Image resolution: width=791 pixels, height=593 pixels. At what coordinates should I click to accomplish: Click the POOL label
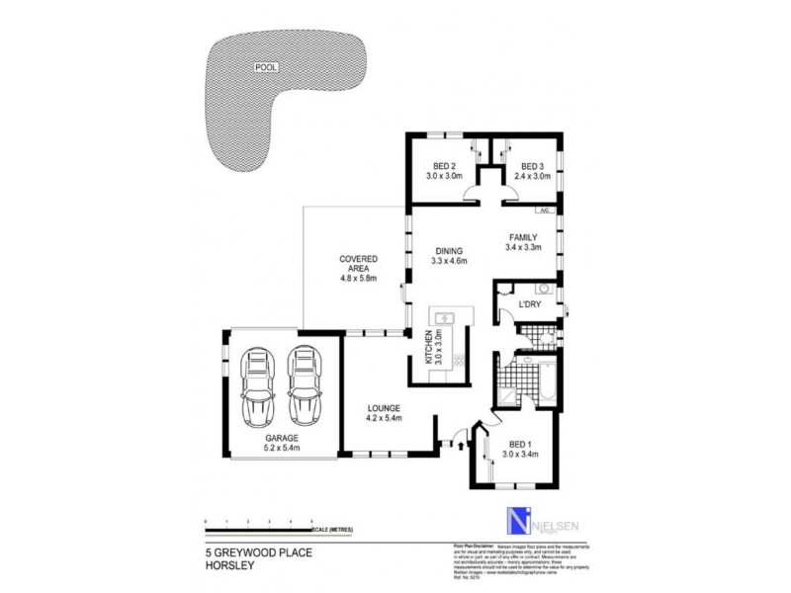click(x=266, y=68)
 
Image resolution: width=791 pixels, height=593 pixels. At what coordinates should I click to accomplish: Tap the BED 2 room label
click(x=445, y=166)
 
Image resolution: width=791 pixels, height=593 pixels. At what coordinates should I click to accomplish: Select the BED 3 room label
click(x=532, y=166)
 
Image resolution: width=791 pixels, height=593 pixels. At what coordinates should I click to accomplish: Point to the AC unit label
click(x=543, y=211)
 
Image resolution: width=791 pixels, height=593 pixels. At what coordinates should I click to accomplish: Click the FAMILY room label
click(x=523, y=237)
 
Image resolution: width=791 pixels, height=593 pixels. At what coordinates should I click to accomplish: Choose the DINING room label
click(x=449, y=250)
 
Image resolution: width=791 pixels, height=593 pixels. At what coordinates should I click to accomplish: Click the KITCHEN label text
click(x=429, y=348)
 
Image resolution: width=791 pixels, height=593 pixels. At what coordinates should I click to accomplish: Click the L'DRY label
click(x=530, y=304)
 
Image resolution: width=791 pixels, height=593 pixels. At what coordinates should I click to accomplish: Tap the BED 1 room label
click(x=519, y=444)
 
